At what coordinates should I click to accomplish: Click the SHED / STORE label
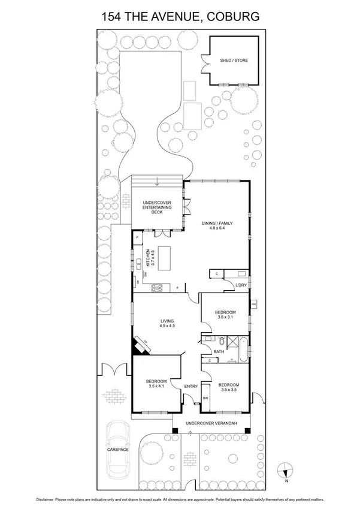click(234, 61)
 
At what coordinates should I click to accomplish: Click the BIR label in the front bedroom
click(205, 397)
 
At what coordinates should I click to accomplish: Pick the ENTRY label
click(191, 386)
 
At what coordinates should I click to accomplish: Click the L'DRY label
click(241, 284)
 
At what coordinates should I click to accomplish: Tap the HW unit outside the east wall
click(253, 305)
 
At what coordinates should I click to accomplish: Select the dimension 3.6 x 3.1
click(225, 318)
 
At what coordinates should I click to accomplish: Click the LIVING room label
click(167, 321)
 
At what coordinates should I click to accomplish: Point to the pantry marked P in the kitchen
click(138, 238)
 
